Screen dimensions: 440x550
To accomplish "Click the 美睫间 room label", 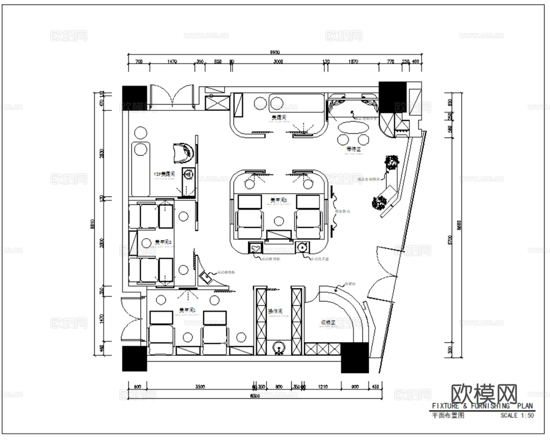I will [279, 118].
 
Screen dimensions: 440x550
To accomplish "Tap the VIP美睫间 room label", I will [164, 174].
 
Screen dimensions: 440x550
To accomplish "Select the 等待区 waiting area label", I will [353, 150].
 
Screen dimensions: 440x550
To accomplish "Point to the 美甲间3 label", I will [279, 201].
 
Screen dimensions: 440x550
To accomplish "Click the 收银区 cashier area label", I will [328, 323].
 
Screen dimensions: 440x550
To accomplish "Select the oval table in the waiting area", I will [353, 128].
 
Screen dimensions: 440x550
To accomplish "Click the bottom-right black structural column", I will [355, 357].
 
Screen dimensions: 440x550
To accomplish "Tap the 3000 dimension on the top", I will [278, 62].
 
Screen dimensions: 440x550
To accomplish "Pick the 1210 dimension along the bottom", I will [323, 387].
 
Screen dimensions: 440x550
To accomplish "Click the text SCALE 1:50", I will [517, 415].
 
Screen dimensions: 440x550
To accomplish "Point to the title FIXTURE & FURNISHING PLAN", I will [482, 406].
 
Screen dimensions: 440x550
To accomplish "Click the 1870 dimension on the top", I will [353, 62].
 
